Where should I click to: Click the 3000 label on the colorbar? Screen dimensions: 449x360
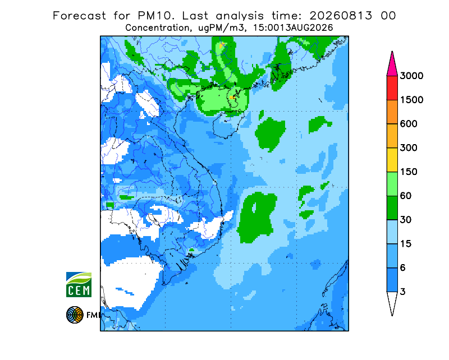coord(411,76)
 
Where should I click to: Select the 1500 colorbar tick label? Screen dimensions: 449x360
coord(411,100)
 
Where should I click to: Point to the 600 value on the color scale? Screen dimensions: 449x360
coord(409,123)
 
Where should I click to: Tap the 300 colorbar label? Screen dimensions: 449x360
coord(409,147)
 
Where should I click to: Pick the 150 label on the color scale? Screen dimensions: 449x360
coord(409,172)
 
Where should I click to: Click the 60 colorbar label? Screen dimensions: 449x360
coord(406,196)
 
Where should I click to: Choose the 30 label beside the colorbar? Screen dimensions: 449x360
coord(406,220)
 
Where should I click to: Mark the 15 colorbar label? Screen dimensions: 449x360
coord(406,244)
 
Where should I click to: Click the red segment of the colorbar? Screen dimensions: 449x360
coord(392,87)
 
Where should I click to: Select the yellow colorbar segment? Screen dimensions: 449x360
coord(392,160)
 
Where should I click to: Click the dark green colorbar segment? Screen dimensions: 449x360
coord(392,208)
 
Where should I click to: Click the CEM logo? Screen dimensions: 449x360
coord(79,284)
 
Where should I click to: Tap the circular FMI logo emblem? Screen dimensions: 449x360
coord(75,315)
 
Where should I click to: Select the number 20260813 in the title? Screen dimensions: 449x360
coord(341,16)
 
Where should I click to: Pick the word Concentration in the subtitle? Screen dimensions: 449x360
coord(157,28)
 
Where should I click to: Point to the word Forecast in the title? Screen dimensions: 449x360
coord(79,16)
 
